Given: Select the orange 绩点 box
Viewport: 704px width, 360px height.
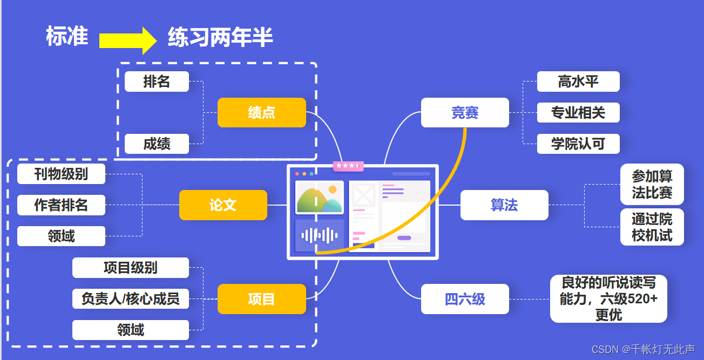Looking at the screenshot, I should click(262, 112).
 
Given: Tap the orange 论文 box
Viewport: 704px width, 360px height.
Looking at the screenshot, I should click(223, 205).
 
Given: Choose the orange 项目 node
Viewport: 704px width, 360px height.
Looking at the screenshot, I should click(262, 299).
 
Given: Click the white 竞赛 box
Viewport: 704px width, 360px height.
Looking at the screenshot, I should click(465, 112).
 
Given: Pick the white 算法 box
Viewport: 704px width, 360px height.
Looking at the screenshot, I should click(504, 205).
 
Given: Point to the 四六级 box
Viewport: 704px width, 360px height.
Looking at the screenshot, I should click(465, 299).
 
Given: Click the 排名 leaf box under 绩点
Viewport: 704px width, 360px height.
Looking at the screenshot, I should click(157, 81).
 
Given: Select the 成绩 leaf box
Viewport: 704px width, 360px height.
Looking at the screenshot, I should click(157, 144).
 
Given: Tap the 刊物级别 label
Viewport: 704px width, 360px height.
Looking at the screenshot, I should click(61, 174).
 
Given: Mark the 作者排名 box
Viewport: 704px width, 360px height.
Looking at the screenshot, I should click(61, 205).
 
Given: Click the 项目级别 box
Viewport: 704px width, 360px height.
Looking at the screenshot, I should click(131, 268).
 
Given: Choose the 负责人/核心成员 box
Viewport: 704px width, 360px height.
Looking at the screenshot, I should click(131, 298).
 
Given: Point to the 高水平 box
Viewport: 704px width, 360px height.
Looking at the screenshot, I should click(578, 81).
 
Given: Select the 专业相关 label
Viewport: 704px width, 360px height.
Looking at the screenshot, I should click(578, 113).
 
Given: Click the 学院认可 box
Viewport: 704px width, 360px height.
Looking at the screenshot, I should click(578, 144).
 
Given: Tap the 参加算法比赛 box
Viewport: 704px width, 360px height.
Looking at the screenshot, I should click(652, 185).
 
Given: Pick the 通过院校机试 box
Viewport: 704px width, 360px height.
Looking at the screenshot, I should click(652, 227).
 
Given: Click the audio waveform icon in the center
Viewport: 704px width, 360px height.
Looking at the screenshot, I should click(320, 235).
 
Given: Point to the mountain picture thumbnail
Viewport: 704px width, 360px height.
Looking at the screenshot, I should click(320, 198).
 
